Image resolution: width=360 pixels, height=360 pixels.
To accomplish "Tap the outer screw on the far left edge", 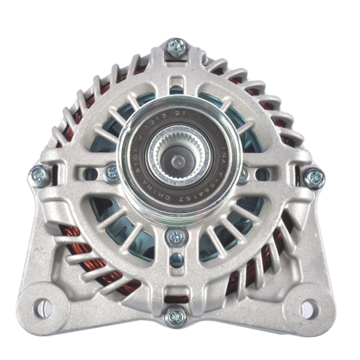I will point(40,176).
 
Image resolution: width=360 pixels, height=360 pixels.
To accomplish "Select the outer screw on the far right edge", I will point(314,177).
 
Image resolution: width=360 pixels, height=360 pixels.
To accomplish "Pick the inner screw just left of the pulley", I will point(112,173).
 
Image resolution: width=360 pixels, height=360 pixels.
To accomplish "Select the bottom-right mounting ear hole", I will point(307,309).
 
